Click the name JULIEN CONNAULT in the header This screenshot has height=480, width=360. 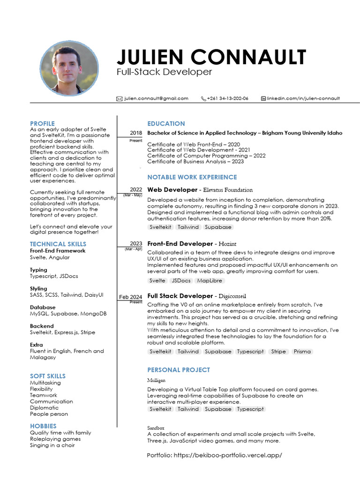coord(211,57)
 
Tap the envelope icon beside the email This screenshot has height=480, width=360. coord(119,98)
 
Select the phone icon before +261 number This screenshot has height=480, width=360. coord(203,98)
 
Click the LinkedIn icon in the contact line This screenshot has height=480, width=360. coord(263,98)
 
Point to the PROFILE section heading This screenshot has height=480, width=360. coord(42,123)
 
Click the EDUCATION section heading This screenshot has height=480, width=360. coord(166,123)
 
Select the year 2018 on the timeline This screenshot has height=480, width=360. coord(136,133)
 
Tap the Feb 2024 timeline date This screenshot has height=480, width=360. coord(130,297)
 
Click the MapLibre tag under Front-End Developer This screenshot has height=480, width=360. coord(210,280)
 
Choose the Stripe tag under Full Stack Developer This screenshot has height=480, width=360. coord(278,351)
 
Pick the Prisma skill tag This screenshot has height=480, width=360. coord(302,351)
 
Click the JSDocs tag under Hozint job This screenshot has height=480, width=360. coord(181,280)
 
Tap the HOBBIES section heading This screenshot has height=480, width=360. coord(43,426)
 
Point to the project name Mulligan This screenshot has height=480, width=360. coord(156,380)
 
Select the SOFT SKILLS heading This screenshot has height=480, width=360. coord(48,376)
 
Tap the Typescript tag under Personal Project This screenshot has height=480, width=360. coord(250,409)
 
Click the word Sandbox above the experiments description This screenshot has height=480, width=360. coord(156,428)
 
